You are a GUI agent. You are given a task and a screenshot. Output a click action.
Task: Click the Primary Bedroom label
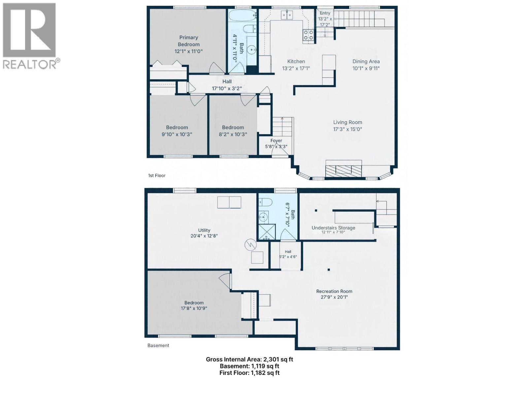click(x=188, y=41)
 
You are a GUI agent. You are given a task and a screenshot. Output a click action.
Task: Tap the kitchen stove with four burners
click(x=308, y=35)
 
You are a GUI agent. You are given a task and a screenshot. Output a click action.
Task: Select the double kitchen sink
click(x=287, y=15)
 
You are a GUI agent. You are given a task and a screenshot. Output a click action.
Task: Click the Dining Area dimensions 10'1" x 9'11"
click(x=366, y=68)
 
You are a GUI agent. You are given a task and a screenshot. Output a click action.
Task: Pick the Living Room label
click(x=347, y=122)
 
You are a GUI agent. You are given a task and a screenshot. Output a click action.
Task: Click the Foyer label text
click(x=276, y=141)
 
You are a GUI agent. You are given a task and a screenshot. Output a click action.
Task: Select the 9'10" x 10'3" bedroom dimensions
click(x=177, y=134)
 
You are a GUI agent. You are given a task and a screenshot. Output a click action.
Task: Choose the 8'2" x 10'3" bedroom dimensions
click(x=233, y=134)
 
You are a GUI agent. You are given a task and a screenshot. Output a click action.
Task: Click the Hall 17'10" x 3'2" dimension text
click(x=227, y=88)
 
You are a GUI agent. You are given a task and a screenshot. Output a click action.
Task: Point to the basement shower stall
click(x=267, y=232)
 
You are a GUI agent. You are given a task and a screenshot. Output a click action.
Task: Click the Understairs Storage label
click(x=333, y=228)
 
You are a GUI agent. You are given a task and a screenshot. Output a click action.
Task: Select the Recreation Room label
click(x=334, y=291)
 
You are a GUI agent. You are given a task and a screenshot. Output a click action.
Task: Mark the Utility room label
click(x=204, y=230)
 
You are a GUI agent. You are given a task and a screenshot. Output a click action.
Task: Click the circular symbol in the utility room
click(x=251, y=245)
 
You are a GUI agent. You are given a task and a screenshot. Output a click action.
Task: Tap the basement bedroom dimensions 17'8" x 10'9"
click(x=194, y=308)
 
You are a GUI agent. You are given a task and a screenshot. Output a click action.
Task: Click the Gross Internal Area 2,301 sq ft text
click(x=249, y=359)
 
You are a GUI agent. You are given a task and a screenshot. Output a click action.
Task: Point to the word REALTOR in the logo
click(x=29, y=64)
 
